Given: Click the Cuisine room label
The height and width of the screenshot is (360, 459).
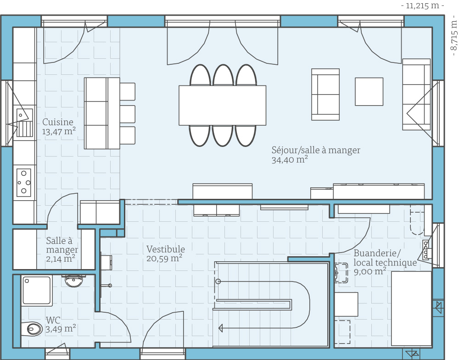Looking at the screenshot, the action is pyautogui.click(x=58, y=122).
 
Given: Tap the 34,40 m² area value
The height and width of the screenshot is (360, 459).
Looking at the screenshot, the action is pyautogui.click(x=290, y=160).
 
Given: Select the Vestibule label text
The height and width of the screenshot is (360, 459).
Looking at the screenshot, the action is pyautogui.click(x=166, y=249).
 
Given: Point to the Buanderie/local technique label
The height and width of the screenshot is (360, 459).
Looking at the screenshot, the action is pyautogui.click(x=385, y=258).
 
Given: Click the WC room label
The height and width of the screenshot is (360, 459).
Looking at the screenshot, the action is pyautogui.click(x=53, y=320).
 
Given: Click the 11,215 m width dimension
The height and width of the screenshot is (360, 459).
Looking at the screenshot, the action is pyautogui.click(x=422, y=6).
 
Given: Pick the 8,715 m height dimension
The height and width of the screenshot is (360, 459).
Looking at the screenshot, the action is pyautogui.click(x=453, y=35).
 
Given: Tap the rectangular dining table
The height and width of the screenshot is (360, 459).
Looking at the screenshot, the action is pyautogui.click(x=223, y=106).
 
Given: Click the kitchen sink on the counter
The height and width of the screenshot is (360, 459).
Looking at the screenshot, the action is pyautogui.click(x=25, y=123).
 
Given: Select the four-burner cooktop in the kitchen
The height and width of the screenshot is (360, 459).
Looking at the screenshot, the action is pyautogui.click(x=23, y=182).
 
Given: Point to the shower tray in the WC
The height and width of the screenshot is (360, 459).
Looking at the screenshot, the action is pyautogui.click(x=37, y=291).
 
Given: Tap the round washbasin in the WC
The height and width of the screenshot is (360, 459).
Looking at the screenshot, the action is pyautogui.click(x=74, y=281).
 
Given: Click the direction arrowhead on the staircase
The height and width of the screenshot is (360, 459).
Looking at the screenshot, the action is pyautogui.click(x=221, y=328).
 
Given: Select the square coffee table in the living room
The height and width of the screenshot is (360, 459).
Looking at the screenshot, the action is pyautogui.click(x=369, y=91).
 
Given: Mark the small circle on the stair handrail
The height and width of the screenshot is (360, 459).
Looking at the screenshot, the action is pyautogui.click(x=218, y=281).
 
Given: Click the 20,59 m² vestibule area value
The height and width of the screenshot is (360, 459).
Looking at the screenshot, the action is pyautogui.click(x=164, y=259).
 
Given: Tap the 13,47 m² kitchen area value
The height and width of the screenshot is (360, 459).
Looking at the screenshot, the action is pyautogui.click(x=59, y=131).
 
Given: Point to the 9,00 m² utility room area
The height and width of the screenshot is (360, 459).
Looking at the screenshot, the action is pyautogui.click(x=370, y=271).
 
